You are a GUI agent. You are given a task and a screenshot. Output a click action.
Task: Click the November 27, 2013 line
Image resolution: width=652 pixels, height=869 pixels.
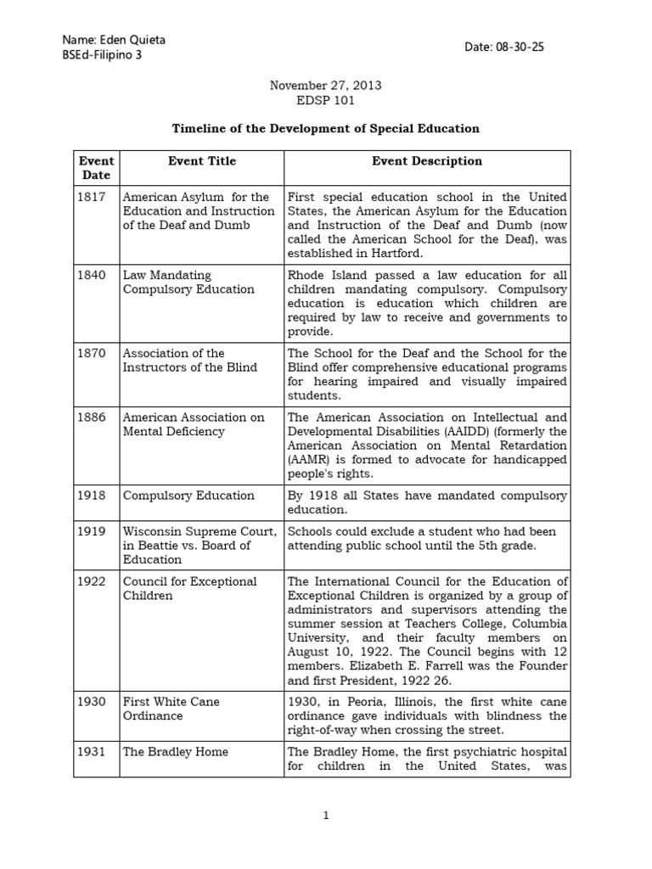pyautogui.click(x=325, y=86)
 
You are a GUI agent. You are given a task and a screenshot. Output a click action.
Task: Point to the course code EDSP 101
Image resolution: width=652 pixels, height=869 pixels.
pyautogui.click(x=325, y=100)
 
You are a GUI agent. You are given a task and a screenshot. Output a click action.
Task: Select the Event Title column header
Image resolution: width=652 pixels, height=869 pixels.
pyautogui.click(x=202, y=160)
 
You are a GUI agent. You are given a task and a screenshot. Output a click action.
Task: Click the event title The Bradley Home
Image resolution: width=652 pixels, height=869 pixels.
pyautogui.click(x=176, y=752)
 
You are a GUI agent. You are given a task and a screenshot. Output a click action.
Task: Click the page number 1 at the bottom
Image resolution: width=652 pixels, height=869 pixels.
pyautogui.click(x=325, y=816)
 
